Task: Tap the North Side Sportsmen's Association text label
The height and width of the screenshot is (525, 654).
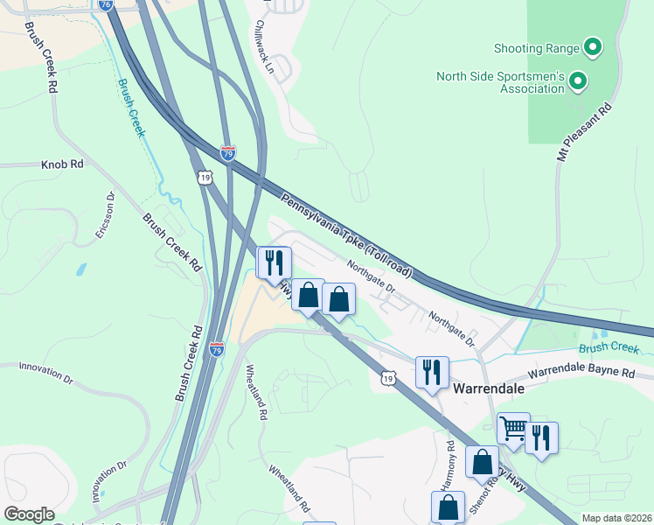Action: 500,82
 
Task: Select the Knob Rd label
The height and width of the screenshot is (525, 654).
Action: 62,164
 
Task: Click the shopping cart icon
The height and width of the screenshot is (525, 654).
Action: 512,429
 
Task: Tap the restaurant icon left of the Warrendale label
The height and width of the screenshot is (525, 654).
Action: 432,372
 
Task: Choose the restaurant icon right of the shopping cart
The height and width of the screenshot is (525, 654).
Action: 541,437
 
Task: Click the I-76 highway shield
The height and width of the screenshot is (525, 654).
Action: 106,4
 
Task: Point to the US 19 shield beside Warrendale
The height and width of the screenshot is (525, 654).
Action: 387,376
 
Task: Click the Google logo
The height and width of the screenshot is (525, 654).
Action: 29,514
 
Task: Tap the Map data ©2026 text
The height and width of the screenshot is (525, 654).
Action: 616,518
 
